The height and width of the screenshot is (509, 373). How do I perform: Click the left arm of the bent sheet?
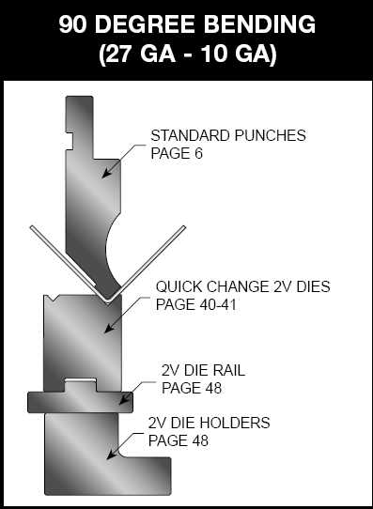point(61,259)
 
